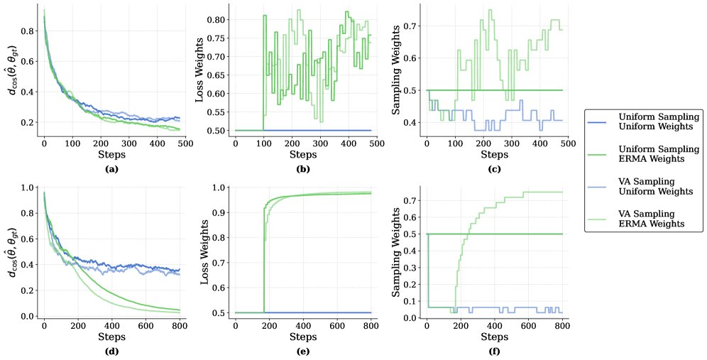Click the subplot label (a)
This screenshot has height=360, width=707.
pyautogui.click(x=111, y=170)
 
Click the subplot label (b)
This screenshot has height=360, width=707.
pyautogui.click(x=302, y=170)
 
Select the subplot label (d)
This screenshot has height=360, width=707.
pyautogui.click(x=111, y=349)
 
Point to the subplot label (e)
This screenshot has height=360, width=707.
pyautogui.click(x=302, y=349)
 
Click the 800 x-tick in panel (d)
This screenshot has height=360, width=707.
pyautogui.click(x=180, y=323)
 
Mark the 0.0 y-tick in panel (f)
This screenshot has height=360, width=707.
pyautogui.click(x=410, y=317)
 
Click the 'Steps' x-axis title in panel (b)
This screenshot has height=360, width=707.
pyautogui.click(x=302, y=155)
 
